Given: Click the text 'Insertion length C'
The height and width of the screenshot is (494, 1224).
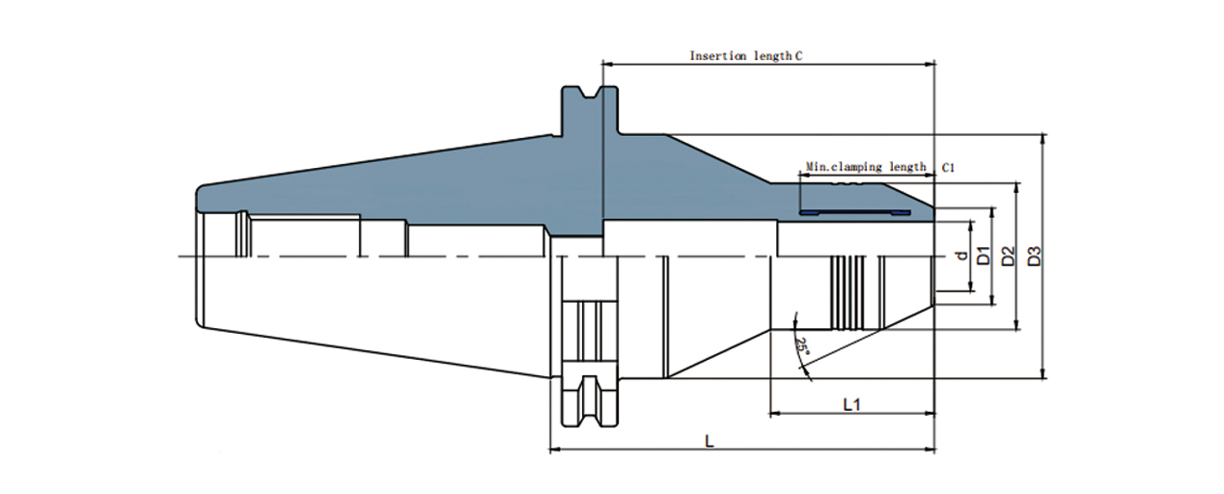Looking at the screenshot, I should pyautogui.click(x=745, y=56).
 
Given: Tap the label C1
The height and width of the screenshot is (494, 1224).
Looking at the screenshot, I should pyautogui.click(x=948, y=167).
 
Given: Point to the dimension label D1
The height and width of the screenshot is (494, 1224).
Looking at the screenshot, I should pyautogui.click(x=984, y=256).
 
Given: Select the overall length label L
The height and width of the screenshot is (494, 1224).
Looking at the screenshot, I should pyautogui.click(x=709, y=441).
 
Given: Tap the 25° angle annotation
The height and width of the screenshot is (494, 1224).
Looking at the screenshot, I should pyautogui.click(x=801, y=344).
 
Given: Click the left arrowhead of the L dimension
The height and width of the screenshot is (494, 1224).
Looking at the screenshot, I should pyautogui.click(x=554, y=450).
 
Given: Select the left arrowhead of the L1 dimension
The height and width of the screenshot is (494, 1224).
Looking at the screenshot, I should pyautogui.click(x=774, y=415).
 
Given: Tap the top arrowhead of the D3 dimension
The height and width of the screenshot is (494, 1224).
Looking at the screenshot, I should pyautogui.click(x=1043, y=139).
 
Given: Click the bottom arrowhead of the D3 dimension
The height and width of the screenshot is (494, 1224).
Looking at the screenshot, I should pyautogui.click(x=1043, y=373).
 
